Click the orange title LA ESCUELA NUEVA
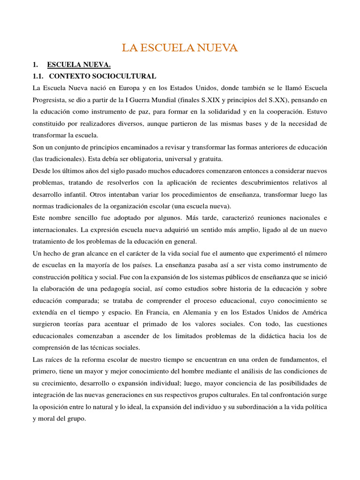coord(180,48)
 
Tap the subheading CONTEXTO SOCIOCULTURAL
coord(103,76)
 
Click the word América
coord(315,312)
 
